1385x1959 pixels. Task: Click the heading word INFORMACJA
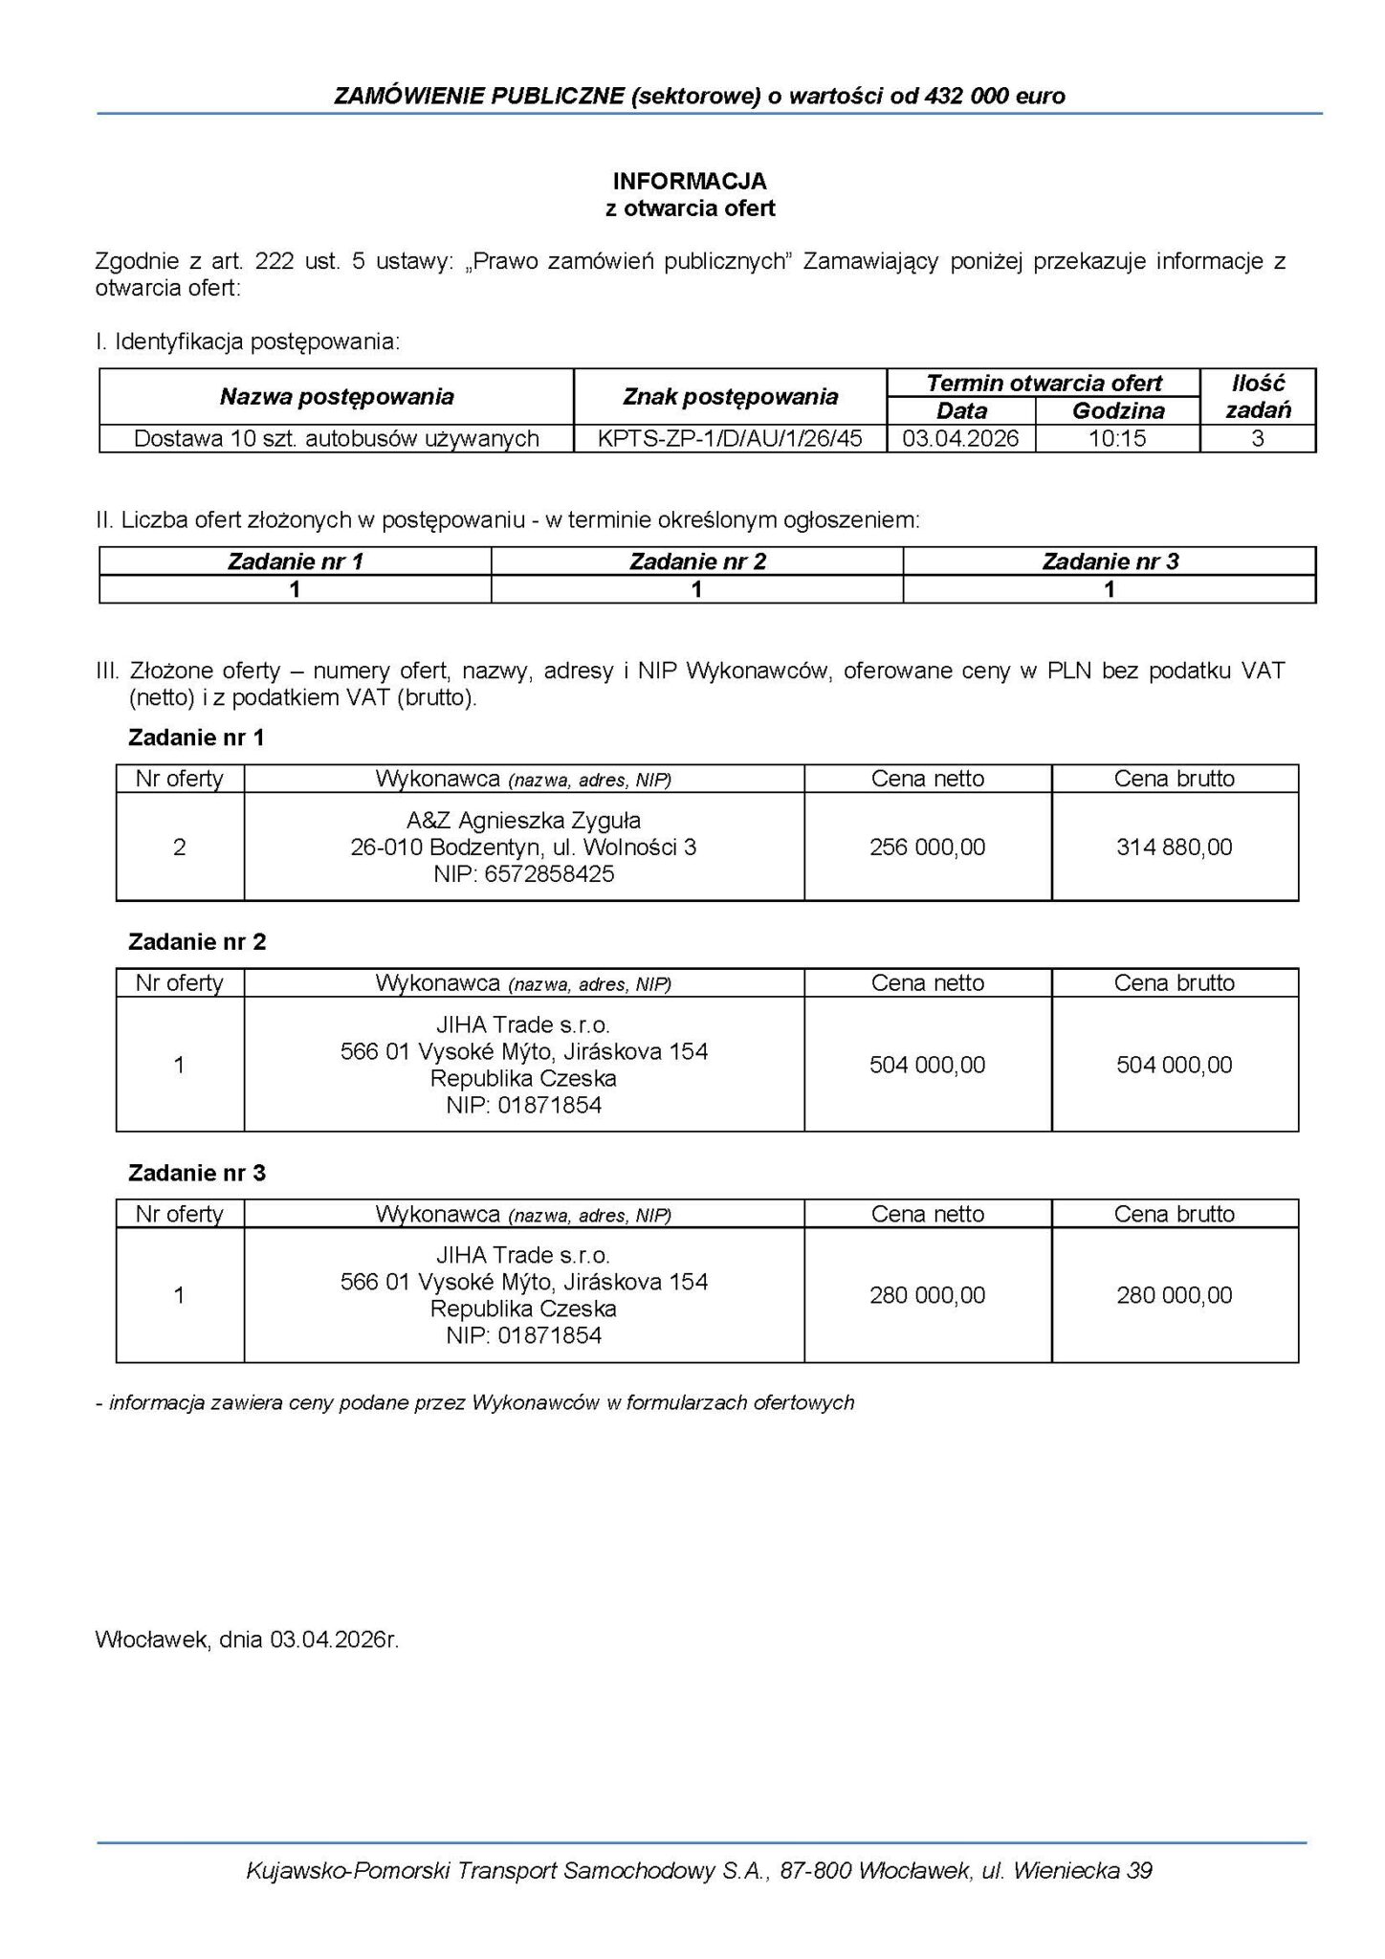[x=690, y=181]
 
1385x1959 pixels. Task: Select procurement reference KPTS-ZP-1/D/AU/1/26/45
[x=730, y=438]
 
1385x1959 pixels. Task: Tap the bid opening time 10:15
[x=1117, y=438]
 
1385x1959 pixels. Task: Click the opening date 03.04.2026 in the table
[x=961, y=438]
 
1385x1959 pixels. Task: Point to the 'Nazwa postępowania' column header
[x=337, y=396]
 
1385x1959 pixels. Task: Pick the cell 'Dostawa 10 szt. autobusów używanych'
[x=337, y=438]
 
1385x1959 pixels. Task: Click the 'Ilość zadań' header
[x=1258, y=396]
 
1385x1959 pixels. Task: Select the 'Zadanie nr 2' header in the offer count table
[x=697, y=561]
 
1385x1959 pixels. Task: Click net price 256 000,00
[x=927, y=847]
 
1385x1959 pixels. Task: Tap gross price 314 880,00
[x=1174, y=847]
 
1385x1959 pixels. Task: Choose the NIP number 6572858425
[x=549, y=873]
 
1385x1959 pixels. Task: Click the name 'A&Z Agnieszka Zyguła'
[x=523, y=820]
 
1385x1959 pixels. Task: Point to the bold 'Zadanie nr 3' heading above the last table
[x=197, y=1173]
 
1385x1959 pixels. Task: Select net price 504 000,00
[x=927, y=1065]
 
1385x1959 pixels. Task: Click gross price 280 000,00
[x=1174, y=1295]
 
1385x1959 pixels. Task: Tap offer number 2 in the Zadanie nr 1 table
[x=179, y=847]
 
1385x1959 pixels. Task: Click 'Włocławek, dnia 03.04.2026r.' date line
[x=247, y=1640]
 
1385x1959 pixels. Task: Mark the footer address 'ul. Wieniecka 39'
[x=1066, y=1870]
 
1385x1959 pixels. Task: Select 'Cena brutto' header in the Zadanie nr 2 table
[x=1174, y=982]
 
